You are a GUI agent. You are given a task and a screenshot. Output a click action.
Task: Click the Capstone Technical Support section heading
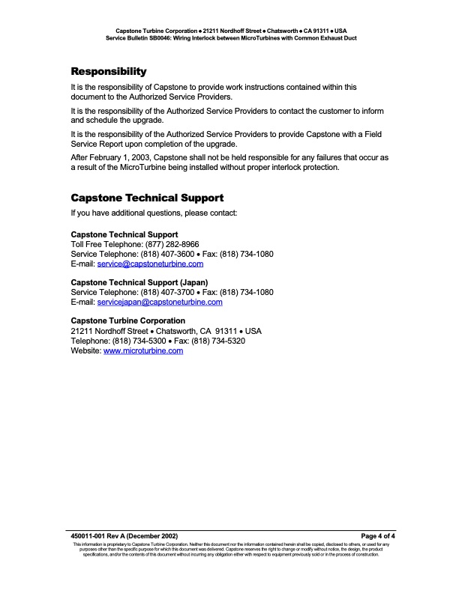[147, 198]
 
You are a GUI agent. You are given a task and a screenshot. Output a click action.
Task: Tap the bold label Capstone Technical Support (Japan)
[144, 283]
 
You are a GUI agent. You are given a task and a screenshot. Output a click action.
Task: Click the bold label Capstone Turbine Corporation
[127, 321]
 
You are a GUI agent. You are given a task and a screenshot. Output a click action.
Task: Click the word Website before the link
[85, 350]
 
